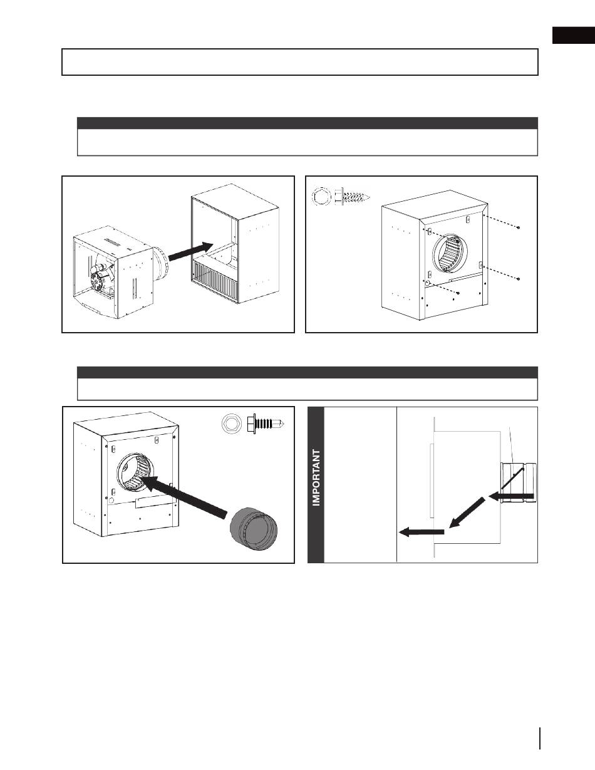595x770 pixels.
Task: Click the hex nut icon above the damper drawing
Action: click(x=231, y=424)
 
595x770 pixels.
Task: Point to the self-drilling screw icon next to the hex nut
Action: click(x=266, y=424)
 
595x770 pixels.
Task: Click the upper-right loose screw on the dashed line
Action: click(x=520, y=227)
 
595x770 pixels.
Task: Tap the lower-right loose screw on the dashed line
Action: click(x=520, y=278)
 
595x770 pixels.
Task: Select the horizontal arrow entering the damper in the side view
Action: click(x=512, y=497)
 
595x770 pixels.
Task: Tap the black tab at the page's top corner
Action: click(x=572, y=36)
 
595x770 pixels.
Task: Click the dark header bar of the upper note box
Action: click(x=307, y=123)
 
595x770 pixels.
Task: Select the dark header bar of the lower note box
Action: click(x=307, y=372)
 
